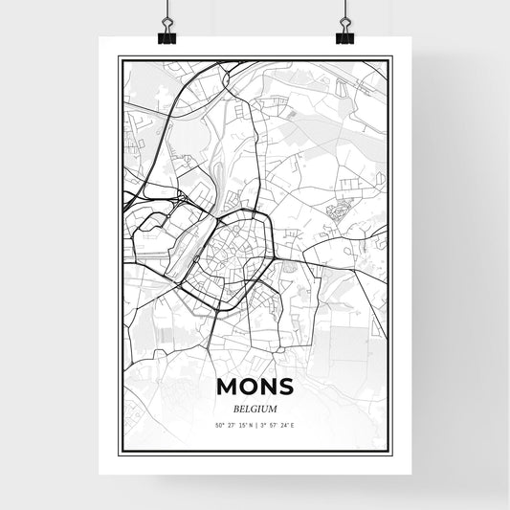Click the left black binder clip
pos(166,34)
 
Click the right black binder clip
pos(344,34)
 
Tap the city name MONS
pos(255,387)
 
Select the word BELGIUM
pos(255,408)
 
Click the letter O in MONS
pos(247,387)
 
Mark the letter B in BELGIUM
pos(234,408)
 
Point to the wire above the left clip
pos(166,10)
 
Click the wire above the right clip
pos(344,10)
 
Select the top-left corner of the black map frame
pos(118,56)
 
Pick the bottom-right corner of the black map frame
pos(392,451)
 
